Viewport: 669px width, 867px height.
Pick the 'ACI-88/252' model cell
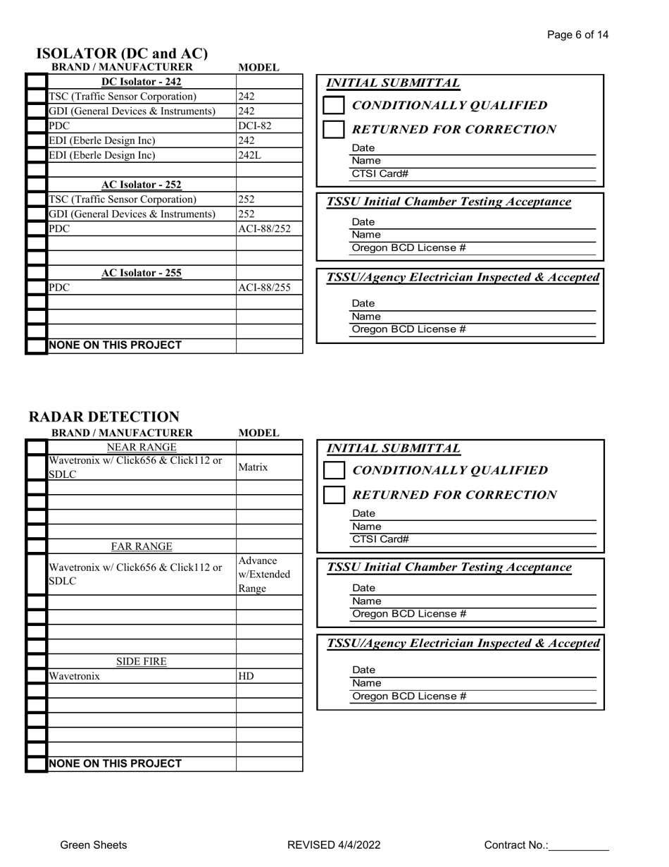[x=264, y=229]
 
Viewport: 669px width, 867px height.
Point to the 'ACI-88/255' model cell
[x=264, y=288]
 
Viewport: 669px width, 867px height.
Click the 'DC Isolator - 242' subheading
[x=142, y=82]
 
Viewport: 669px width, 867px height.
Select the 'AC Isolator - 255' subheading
[x=142, y=273]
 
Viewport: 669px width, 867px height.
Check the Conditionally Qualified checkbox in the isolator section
[x=334, y=106]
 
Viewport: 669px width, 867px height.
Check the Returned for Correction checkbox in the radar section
[x=334, y=495]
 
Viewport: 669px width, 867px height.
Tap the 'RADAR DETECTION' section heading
[x=104, y=417]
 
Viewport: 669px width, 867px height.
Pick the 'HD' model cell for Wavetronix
[x=246, y=676]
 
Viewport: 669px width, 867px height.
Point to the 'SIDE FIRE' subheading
[x=141, y=661]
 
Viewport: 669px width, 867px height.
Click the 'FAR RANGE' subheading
[x=142, y=546]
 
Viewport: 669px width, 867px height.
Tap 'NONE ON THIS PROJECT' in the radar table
[x=115, y=763]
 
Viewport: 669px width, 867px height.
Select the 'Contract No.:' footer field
[x=546, y=845]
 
